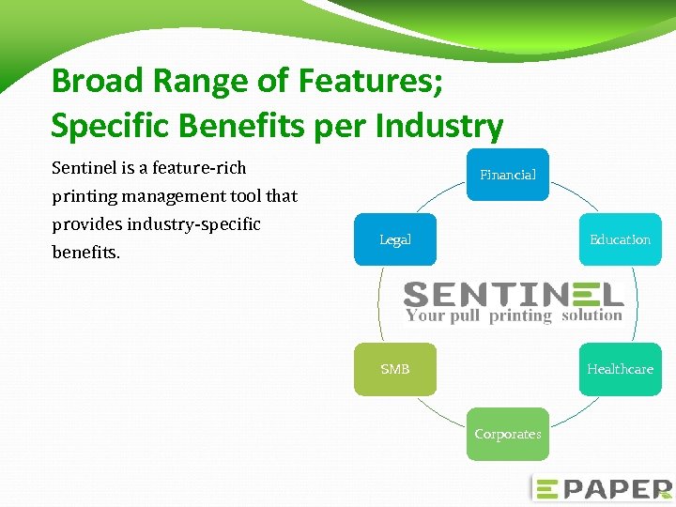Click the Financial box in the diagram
(x=508, y=175)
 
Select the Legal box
(x=395, y=239)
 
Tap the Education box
(x=620, y=239)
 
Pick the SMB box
(x=395, y=369)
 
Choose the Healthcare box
(x=620, y=369)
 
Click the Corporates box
(x=508, y=434)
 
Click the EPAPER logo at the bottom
(x=602, y=488)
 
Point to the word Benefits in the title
(x=235, y=125)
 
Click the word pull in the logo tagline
(x=465, y=316)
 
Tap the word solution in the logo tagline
(x=591, y=315)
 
